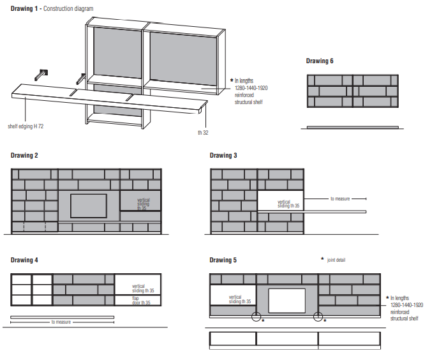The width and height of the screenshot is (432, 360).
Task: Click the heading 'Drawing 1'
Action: tap(25, 9)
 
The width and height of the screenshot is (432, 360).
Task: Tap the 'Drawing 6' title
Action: tap(320, 61)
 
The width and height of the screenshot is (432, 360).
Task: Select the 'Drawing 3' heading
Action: tap(224, 155)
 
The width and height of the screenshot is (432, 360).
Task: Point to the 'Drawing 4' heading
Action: tap(25, 260)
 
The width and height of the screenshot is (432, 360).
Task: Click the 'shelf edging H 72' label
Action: tap(26, 126)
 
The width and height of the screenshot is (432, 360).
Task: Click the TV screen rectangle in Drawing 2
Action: tap(88, 206)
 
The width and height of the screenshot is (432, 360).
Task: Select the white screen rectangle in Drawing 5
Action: tap(287, 300)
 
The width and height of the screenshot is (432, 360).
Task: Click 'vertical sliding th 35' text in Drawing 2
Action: tap(144, 204)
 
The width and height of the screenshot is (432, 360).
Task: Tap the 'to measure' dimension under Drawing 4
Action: tap(62, 322)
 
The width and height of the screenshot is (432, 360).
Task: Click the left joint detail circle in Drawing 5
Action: tap(257, 317)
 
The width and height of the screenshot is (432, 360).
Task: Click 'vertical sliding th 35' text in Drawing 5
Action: tap(235, 299)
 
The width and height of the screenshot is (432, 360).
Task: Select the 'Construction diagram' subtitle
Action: tap(68, 9)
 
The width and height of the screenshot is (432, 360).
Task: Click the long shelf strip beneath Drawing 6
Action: tap(354, 127)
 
